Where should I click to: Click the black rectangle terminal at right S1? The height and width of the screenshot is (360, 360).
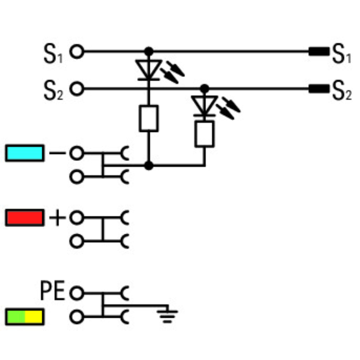tap(318, 51)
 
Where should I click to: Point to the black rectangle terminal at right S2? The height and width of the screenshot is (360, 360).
tap(318, 88)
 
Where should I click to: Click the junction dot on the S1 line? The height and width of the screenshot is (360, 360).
tap(149, 50)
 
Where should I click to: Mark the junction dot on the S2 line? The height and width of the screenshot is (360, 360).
tap(204, 88)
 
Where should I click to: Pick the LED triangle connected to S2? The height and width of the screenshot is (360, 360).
tap(204, 104)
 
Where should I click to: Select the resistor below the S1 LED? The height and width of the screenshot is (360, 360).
tap(149, 118)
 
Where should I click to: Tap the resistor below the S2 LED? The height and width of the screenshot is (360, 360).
tap(204, 133)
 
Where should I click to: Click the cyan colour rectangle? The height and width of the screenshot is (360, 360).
tap(24, 154)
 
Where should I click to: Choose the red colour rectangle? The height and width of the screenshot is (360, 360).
tap(24, 217)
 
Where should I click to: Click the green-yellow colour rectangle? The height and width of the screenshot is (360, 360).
tap(24, 317)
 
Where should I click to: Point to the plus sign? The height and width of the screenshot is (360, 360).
tap(57, 218)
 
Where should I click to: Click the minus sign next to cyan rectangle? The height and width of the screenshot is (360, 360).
tap(57, 154)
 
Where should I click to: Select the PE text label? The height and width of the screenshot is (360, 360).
tap(52, 291)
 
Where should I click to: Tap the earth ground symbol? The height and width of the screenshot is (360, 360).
tap(167, 315)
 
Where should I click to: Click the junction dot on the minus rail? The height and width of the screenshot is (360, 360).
tap(149, 166)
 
